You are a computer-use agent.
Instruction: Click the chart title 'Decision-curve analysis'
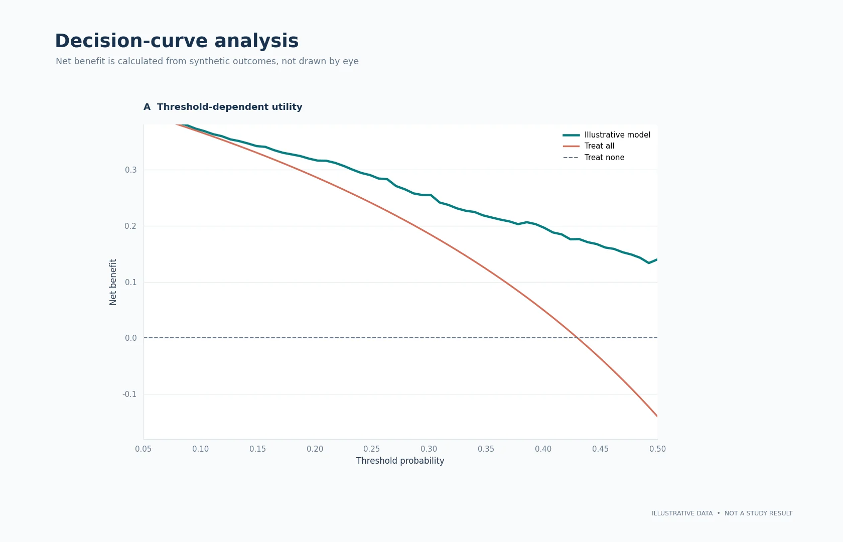point(177,41)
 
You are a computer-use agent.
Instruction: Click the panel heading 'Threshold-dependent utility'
point(230,107)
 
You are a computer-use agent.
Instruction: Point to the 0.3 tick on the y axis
point(130,170)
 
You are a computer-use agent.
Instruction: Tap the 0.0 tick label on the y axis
point(130,338)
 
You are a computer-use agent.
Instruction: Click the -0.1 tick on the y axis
point(129,394)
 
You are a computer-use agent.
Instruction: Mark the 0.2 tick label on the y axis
point(130,226)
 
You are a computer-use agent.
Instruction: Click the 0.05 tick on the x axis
point(144,449)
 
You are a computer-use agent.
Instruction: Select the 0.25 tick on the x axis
point(372,449)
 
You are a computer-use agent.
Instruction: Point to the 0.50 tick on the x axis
point(657,449)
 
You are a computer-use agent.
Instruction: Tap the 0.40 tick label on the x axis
point(543,449)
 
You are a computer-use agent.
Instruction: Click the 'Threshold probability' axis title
point(400,461)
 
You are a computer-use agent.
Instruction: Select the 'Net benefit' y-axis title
point(113,282)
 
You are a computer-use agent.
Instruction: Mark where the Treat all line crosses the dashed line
point(577,338)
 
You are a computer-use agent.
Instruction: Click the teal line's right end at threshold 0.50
point(657,259)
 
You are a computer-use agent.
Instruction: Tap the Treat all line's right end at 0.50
point(657,417)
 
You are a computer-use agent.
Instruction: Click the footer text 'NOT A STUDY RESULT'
point(758,513)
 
